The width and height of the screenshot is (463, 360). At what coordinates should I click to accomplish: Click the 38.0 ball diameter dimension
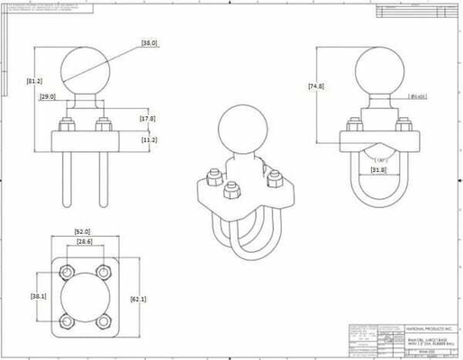pyautogui.click(x=150, y=42)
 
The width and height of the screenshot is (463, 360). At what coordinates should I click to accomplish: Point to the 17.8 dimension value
pyautogui.click(x=147, y=118)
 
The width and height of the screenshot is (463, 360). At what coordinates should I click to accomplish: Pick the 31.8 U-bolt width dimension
pyautogui.click(x=378, y=168)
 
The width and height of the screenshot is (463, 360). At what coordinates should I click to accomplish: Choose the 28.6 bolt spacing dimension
pyautogui.click(x=86, y=242)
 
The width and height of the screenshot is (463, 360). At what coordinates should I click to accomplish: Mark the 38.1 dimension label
pyautogui.click(x=39, y=294)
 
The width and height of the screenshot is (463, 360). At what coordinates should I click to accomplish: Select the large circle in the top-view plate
pyautogui.click(x=86, y=296)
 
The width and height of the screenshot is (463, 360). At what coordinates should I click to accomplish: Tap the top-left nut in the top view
pyautogui.click(x=67, y=270)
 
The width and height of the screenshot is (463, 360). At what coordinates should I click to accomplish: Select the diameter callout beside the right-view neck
pyautogui.click(x=418, y=96)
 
